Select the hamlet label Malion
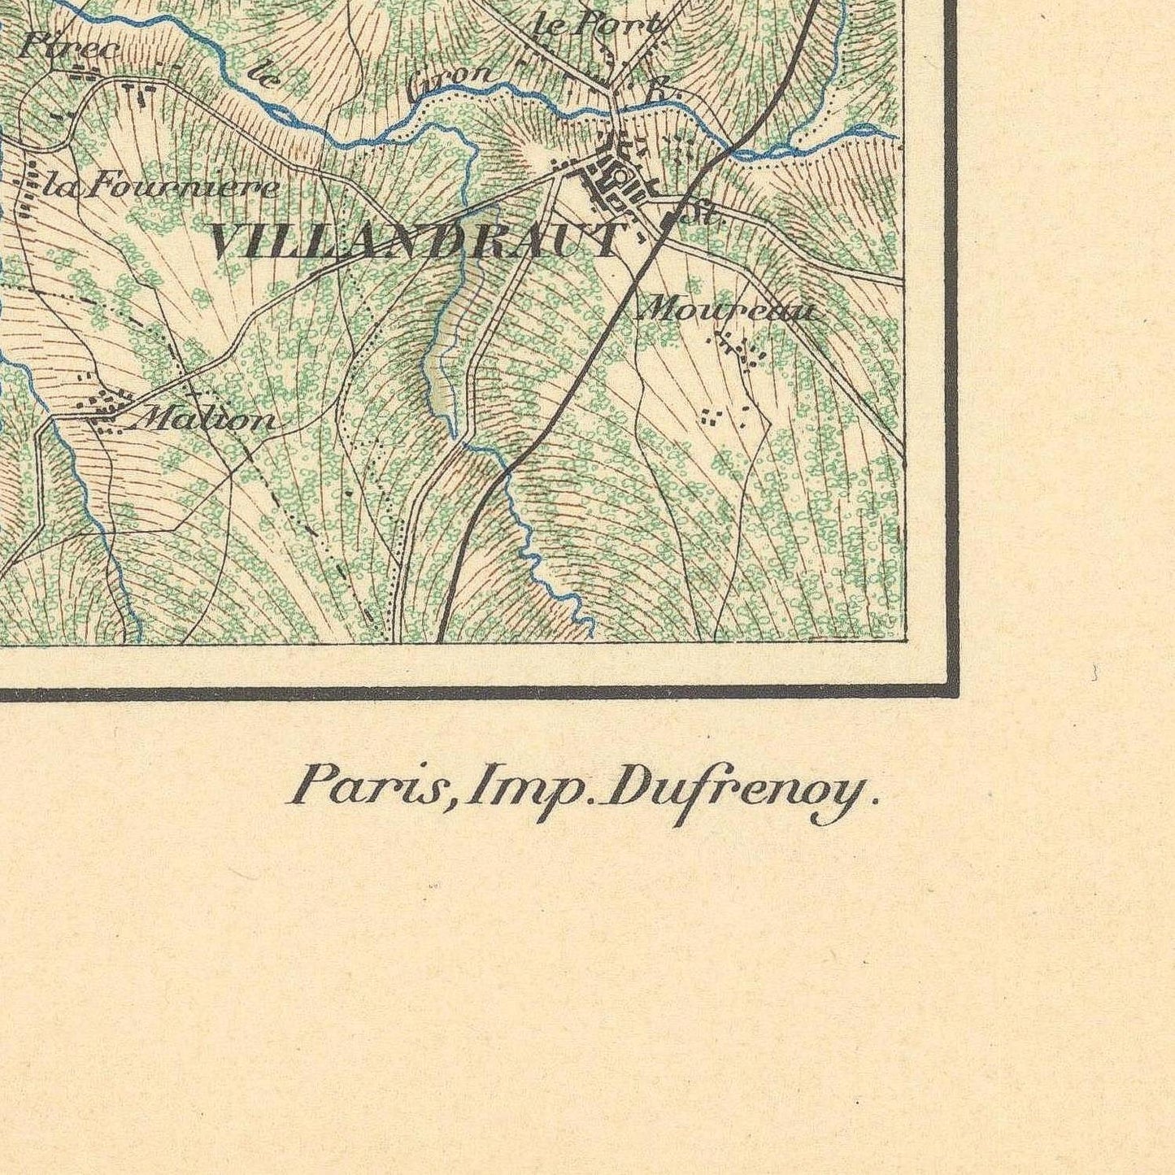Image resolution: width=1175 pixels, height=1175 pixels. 207,420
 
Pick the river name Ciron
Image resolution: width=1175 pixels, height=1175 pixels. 452,79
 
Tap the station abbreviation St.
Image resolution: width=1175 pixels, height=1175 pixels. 704,216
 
